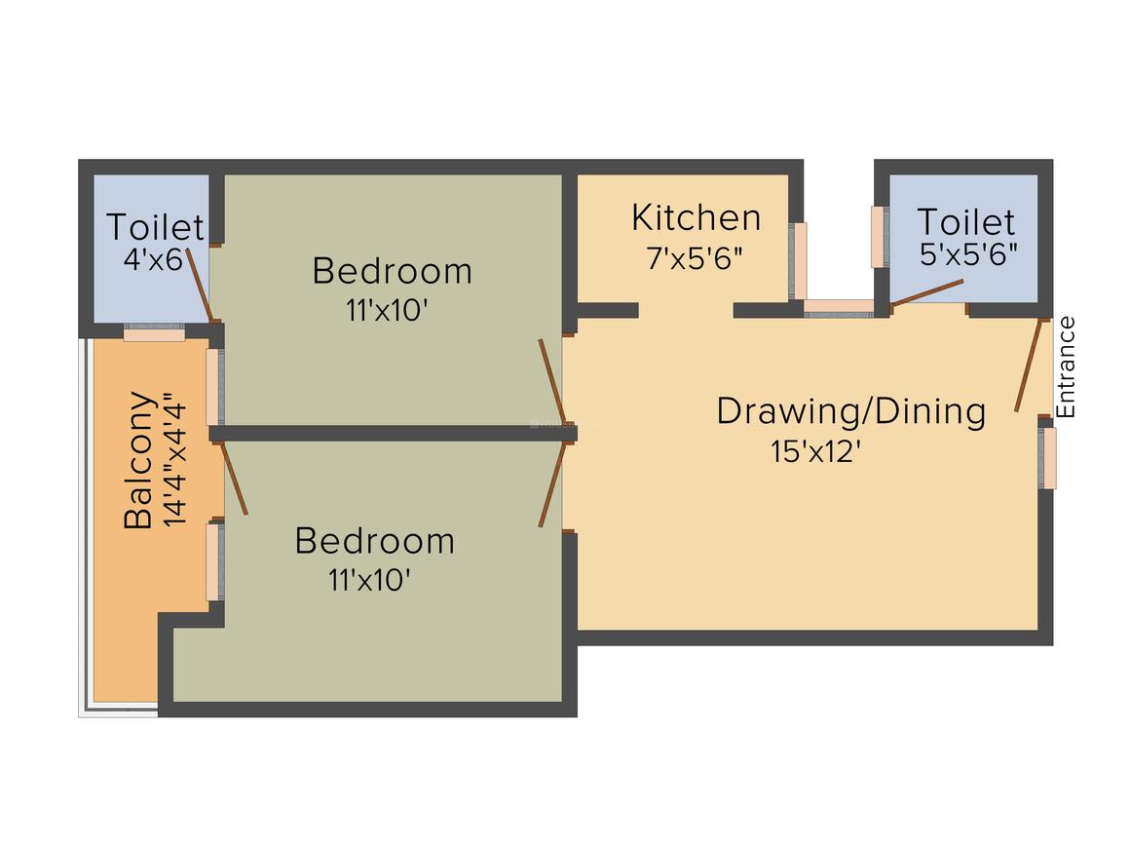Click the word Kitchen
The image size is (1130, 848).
pyautogui.click(x=696, y=217)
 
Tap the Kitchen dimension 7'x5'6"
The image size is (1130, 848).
pyautogui.click(x=696, y=258)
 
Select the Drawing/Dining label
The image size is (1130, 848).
pyautogui.click(x=850, y=411)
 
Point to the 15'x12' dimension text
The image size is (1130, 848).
pyautogui.click(x=815, y=453)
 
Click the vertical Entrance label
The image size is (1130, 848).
pyautogui.click(x=1067, y=367)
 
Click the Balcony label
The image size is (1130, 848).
pyautogui.click(x=139, y=459)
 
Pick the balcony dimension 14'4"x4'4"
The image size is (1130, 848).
pyautogui.click(x=174, y=459)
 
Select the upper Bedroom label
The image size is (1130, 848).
pyautogui.click(x=392, y=270)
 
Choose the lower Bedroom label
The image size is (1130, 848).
pyautogui.click(x=374, y=540)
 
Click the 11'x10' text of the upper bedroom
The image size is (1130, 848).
pyautogui.click(x=388, y=311)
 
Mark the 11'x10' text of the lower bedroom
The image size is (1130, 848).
pyautogui.click(x=370, y=581)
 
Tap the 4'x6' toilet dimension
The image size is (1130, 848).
pyautogui.click(x=152, y=261)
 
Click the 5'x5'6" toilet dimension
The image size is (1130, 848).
pyautogui.click(x=968, y=255)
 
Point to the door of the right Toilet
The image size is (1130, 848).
pyautogui.click(x=927, y=292)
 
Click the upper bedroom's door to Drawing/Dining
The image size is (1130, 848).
pyautogui.click(x=551, y=382)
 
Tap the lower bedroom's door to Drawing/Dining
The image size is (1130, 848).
pyautogui.click(x=551, y=484)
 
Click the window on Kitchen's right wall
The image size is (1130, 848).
pyautogui.click(x=798, y=260)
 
